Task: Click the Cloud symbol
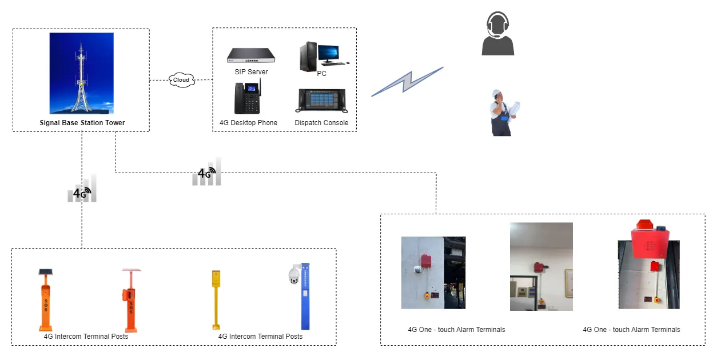coord(181,80)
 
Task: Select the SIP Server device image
coord(251,56)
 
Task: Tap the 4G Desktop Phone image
coord(247,98)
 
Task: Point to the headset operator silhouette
coord(497,35)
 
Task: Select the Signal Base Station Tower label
coord(82,123)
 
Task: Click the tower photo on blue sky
coord(81,73)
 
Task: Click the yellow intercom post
coord(216,299)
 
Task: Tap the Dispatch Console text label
coord(321,123)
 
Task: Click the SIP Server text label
coord(251,72)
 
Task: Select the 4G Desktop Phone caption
coord(248,123)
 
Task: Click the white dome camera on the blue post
coord(294,275)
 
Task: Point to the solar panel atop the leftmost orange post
coord(45,272)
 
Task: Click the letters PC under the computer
coord(321,74)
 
